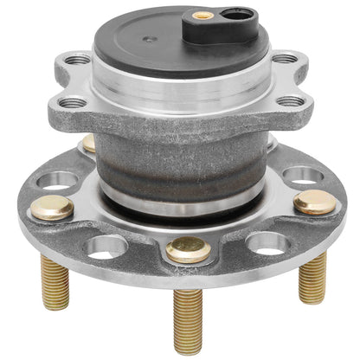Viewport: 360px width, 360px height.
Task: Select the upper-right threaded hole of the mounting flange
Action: click(285, 59)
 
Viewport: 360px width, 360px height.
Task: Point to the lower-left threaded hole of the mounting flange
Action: click(73, 101)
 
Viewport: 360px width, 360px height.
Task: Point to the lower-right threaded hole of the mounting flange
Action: click(292, 101)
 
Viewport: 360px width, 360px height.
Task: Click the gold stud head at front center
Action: click(188, 249)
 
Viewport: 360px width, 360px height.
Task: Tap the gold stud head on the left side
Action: click(52, 207)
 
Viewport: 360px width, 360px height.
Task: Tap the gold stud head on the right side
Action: click(315, 203)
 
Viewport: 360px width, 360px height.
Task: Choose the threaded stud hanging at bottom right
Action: click(312, 278)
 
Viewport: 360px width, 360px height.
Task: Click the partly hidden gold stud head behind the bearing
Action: click(88, 142)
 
